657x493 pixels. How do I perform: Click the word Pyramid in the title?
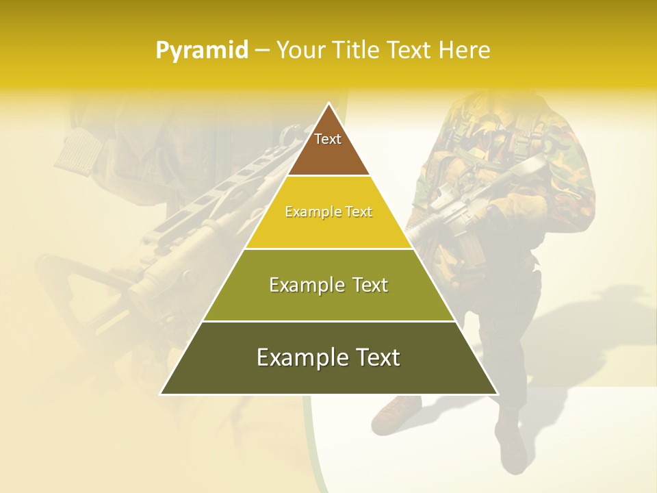tap(202, 51)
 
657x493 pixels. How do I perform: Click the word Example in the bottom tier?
tap(295, 357)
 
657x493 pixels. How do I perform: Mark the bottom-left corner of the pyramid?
tap(162, 394)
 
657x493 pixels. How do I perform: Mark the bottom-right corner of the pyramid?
tap(497, 394)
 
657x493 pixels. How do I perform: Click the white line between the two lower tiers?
tap(328, 321)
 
